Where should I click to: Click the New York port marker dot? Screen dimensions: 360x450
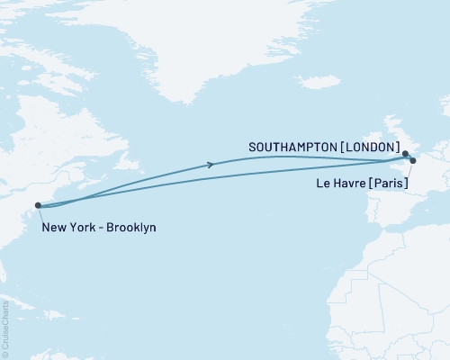point(38,205)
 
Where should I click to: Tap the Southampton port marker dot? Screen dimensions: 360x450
point(406,154)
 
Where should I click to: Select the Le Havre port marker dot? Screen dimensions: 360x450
point(413,161)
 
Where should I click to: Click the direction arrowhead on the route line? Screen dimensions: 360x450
point(211,164)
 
